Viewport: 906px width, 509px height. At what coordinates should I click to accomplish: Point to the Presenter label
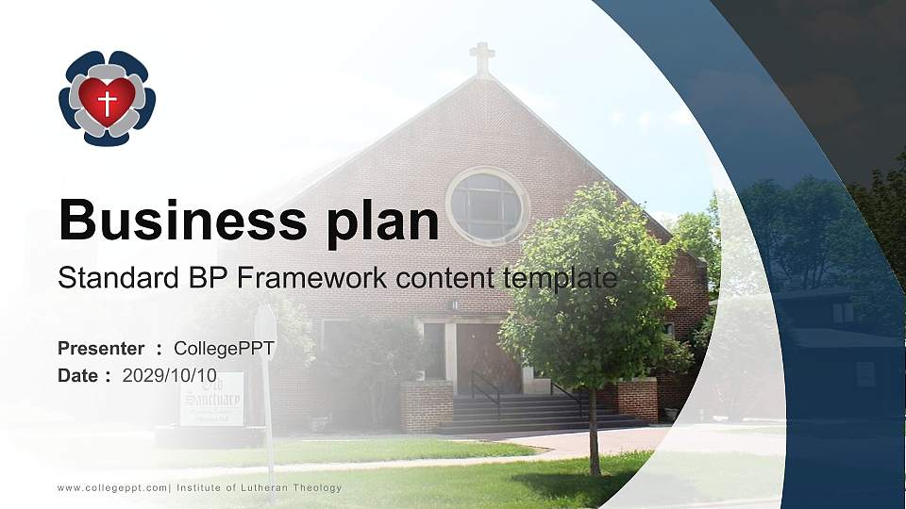click(x=101, y=349)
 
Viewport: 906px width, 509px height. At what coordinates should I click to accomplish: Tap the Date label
click(x=78, y=375)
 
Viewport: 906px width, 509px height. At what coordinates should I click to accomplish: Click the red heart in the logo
click(x=107, y=99)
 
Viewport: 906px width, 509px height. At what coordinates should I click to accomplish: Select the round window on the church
click(x=486, y=205)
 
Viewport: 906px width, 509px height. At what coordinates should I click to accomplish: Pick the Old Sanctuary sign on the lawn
click(x=211, y=399)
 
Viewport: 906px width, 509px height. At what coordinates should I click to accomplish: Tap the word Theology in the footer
click(x=318, y=487)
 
